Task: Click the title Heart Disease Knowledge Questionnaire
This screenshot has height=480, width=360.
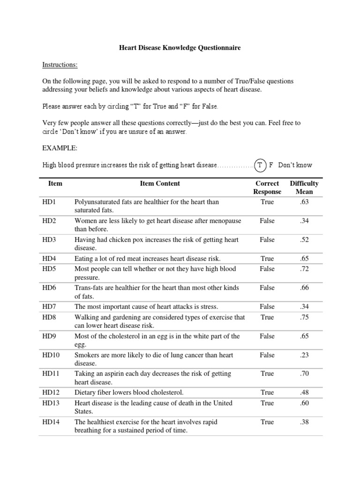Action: [180, 48]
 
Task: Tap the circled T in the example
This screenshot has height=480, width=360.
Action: [260, 165]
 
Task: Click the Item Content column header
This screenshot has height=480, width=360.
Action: [160, 184]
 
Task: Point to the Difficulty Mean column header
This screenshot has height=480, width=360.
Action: [304, 187]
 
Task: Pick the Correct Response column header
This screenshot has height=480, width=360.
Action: [267, 187]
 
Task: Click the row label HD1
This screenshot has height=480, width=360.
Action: [49, 202]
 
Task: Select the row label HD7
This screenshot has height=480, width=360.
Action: [49, 307]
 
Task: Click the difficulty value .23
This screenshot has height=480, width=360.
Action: [304, 355]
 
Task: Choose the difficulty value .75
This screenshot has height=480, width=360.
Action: [304, 317]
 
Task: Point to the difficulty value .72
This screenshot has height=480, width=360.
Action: [304, 269]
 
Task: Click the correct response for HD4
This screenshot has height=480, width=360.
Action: [267, 258]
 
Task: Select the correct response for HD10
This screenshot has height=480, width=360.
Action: [267, 355]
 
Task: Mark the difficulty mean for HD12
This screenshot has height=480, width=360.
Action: [304, 392]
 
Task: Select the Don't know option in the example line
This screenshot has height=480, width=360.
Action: [295, 165]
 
